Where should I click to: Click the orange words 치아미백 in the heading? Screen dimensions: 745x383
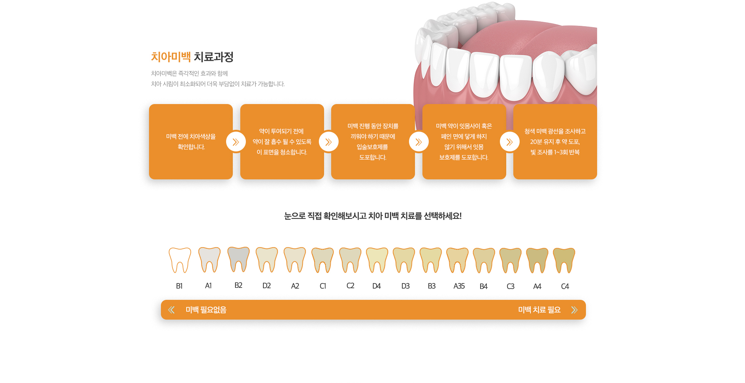tap(171, 57)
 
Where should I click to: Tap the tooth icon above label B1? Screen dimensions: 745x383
tap(180, 260)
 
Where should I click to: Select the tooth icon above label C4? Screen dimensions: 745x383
tap(564, 260)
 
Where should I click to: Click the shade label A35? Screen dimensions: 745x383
tap(459, 286)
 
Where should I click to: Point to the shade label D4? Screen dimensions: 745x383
tap(377, 286)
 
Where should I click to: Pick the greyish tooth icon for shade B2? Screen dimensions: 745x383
tap(238, 260)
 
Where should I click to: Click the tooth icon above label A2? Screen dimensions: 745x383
tap(295, 260)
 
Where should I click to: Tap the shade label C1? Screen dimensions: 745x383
tap(323, 286)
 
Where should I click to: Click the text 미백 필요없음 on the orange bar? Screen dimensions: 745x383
tap(206, 310)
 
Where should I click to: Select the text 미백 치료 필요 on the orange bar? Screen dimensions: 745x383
tap(539, 310)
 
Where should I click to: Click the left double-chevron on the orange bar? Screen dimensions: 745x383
tap(171, 310)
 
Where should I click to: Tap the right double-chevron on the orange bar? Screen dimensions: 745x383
tap(574, 310)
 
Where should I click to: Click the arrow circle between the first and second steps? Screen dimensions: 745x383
tap(236, 142)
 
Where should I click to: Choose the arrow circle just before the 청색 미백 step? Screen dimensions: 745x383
tap(510, 142)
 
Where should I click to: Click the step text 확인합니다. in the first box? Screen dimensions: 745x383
tap(191, 147)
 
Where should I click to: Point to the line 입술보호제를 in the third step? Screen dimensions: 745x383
tap(372, 147)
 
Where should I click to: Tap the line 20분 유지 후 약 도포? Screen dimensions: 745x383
tap(555, 142)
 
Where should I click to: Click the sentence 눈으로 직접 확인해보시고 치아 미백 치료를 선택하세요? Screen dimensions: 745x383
tap(373, 216)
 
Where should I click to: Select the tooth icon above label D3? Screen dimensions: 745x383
tap(404, 260)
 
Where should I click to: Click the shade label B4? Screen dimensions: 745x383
tap(484, 286)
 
